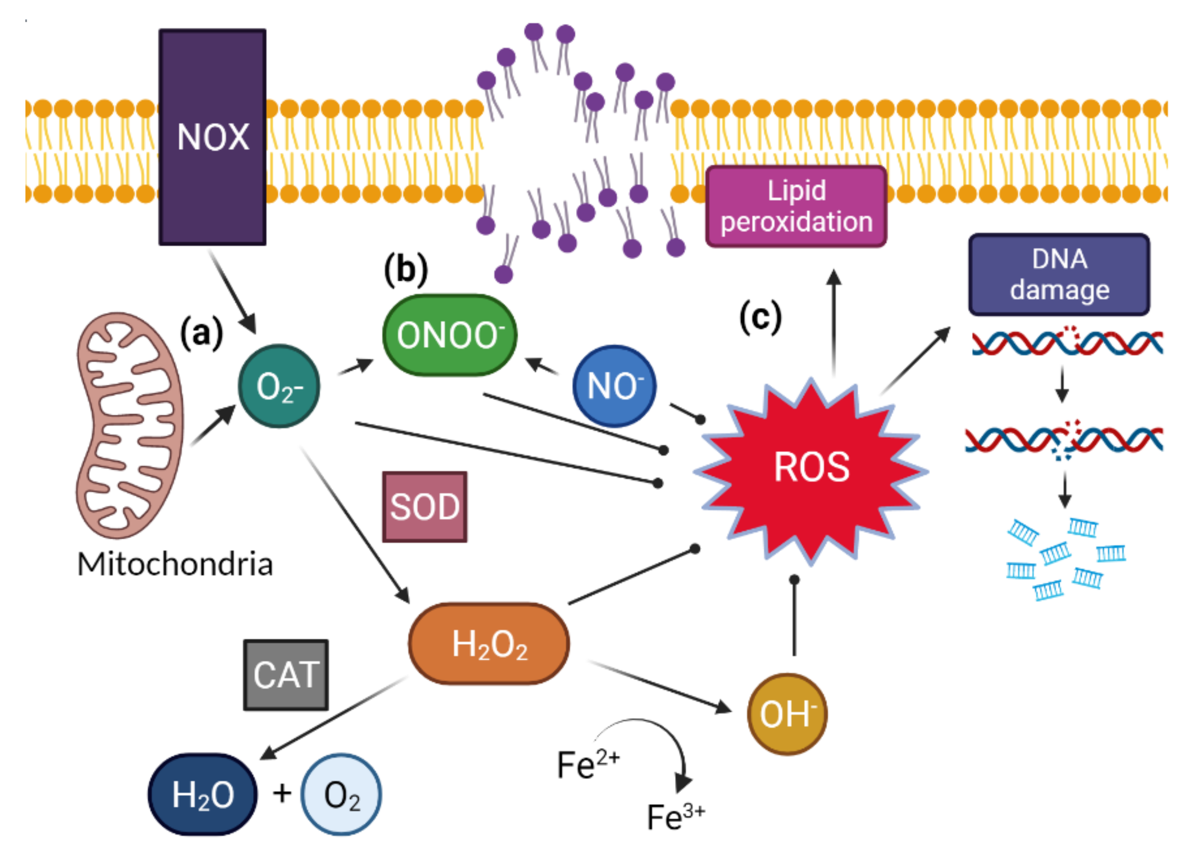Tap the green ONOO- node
click(x=450, y=335)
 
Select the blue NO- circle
click(x=614, y=386)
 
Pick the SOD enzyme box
click(x=425, y=506)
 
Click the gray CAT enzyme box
click(x=286, y=675)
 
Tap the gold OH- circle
click(x=787, y=714)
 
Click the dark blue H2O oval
click(x=203, y=794)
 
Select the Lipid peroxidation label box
click(x=796, y=206)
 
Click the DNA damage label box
click(x=1059, y=274)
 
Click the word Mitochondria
click(x=175, y=564)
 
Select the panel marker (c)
click(x=760, y=317)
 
